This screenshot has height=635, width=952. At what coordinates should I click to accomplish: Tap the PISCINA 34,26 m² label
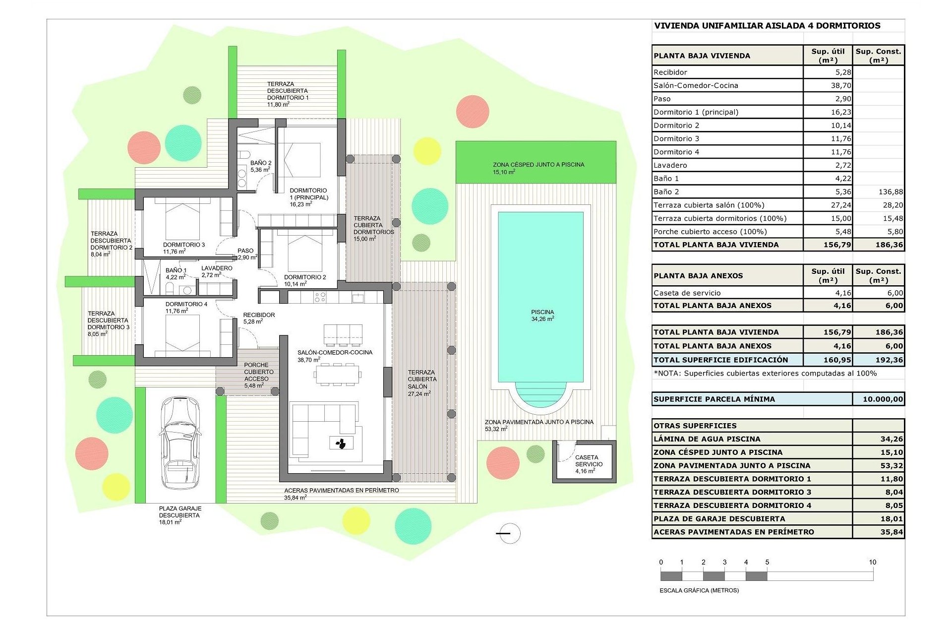coord(542,316)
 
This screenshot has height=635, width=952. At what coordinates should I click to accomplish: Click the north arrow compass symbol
coord(509,533)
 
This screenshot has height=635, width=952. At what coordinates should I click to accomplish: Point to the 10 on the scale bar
coord(872,562)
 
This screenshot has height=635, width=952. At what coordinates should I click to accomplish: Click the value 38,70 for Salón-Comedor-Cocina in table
coord(841,85)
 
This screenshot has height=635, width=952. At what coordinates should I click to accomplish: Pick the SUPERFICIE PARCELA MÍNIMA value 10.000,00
coord(883,399)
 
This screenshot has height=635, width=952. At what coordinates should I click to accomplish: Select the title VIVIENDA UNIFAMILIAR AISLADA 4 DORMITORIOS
coord(767,26)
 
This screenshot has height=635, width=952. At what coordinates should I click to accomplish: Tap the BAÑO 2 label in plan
coord(261,166)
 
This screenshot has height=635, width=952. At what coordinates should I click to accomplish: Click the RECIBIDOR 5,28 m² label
coord(259,318)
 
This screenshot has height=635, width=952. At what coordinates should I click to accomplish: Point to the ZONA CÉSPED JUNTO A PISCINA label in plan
coord(538,168)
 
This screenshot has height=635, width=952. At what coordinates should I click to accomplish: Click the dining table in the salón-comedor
coord(337,375)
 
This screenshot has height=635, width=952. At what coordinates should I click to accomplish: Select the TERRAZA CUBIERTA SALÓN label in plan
coord(422,382)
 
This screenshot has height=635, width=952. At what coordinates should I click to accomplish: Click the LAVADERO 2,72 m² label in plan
coord(217,271)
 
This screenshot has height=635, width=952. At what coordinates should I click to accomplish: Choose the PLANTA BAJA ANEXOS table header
coord(698,276)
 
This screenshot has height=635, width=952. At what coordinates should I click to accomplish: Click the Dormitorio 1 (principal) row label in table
coord(696,112)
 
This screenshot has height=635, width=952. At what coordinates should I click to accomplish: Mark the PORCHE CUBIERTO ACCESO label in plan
coord(257,375)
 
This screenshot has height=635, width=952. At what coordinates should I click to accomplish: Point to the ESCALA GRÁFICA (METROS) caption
coord(699,590)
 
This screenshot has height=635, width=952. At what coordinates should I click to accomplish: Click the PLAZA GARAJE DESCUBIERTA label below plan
coord(179,515)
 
